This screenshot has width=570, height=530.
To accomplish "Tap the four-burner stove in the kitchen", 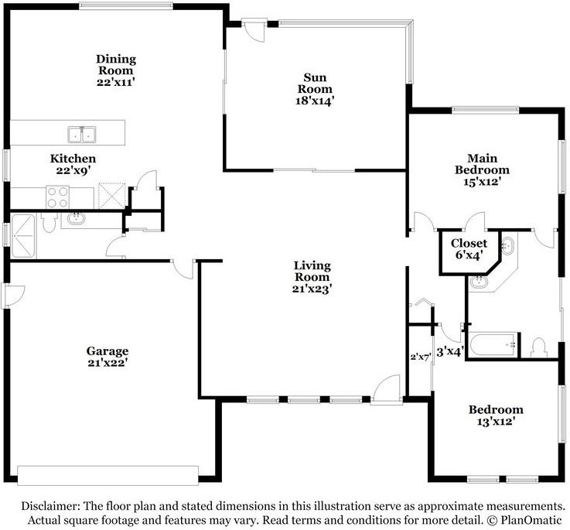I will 59,197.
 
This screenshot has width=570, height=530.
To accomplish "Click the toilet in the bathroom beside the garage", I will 48,223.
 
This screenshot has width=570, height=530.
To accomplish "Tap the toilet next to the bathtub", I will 540,346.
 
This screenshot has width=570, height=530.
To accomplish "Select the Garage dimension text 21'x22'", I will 107,361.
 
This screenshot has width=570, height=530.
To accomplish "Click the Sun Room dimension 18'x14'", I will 315,100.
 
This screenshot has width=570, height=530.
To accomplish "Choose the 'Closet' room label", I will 469,243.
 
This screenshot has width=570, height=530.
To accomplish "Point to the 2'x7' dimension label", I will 420,357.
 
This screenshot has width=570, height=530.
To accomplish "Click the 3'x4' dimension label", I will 450,351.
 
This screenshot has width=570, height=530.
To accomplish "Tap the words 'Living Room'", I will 312,272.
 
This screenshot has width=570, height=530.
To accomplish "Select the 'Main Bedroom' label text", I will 482,164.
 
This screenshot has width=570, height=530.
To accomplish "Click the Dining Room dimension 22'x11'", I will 116,70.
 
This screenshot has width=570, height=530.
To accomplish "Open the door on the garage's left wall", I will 6,295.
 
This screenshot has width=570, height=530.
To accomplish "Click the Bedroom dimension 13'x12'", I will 495,421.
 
